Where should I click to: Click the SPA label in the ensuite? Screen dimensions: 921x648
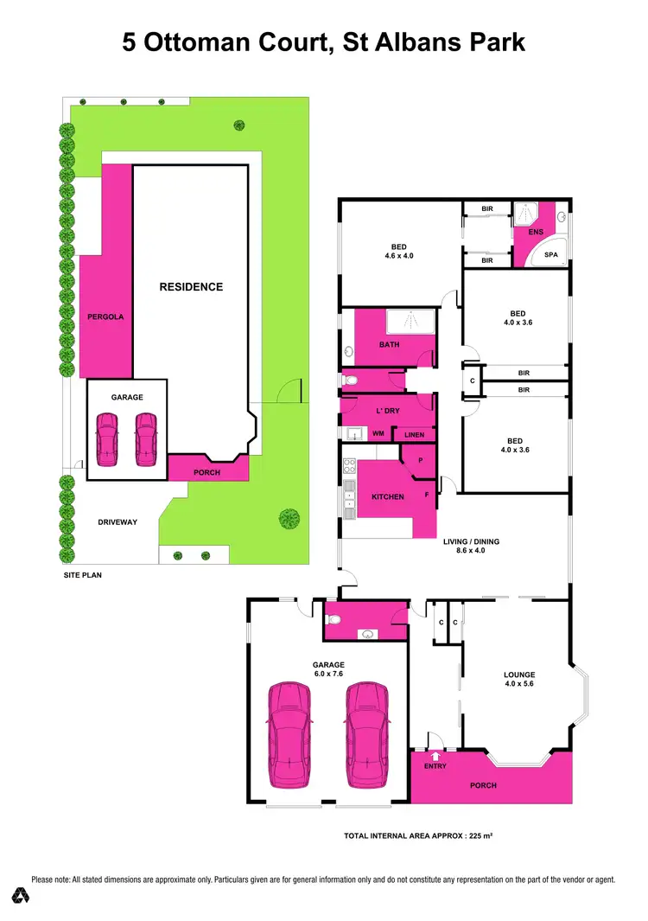tap(551, 256)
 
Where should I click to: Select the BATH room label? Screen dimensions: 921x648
tap(389, 345)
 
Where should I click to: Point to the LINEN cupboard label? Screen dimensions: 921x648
tap(414, 435)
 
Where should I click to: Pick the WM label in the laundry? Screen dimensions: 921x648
tap(378, 433)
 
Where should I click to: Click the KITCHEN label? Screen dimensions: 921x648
tap(388, 497)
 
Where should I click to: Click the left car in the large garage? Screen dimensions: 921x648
tap(289, 734)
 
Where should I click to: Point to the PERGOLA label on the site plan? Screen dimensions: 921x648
tap(106, 317)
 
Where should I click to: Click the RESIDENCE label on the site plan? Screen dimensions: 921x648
tap(191, 287)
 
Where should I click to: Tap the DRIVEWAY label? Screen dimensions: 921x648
tap(118, 522)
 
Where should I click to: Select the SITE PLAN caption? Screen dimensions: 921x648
tap(83, 574)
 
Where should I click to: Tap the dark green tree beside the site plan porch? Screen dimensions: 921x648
tap(289, 519)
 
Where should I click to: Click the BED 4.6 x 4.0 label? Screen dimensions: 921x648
tap(399, 252)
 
